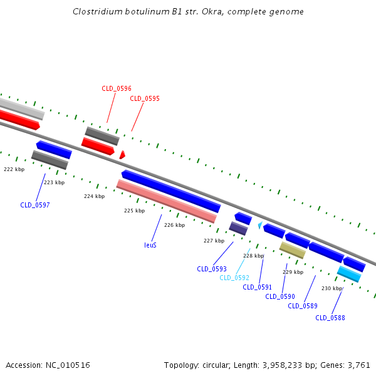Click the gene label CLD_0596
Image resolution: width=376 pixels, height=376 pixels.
pos(117,89)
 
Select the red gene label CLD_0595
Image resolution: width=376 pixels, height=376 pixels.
pos(145,98)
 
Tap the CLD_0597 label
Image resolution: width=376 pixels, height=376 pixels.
pos(35,205)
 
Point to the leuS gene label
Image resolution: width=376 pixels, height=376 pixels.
pos(150,245)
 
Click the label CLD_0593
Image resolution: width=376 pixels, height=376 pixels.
pos(212,269)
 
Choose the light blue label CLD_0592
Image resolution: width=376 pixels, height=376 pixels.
pos(234,278)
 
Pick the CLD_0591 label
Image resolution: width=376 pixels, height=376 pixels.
pos(258,287)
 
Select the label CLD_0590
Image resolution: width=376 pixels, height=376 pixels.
pos(280,296)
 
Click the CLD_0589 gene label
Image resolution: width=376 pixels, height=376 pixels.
pos(303,306)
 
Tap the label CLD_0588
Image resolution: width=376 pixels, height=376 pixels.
pos(330,318)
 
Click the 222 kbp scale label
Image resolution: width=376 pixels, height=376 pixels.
pos(14,169)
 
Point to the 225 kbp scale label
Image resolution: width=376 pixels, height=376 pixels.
pos(134,211)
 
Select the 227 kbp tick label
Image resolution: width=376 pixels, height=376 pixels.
pos(214,241)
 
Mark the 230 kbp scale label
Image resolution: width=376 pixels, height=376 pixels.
pos(332,288)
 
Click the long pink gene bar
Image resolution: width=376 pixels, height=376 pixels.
pos(167,201)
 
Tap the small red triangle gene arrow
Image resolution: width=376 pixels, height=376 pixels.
pos(122,154)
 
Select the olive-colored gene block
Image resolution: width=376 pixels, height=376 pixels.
pos(292,250)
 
